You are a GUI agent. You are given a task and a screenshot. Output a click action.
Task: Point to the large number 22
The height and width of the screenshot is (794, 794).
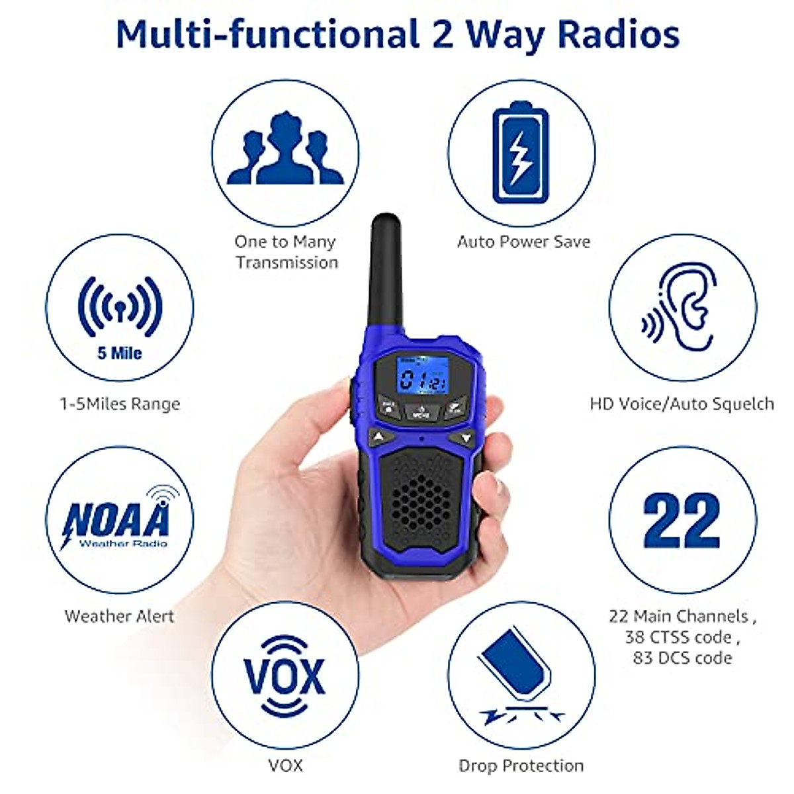pyautogui.click(x=682, y=521)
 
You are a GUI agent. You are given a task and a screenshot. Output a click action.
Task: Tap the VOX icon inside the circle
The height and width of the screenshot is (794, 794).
pyautogui.click(x=285, y=675)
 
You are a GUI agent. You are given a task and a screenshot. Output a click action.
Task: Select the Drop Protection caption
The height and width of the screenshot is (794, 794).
pyautogui.click(x=521, y=766)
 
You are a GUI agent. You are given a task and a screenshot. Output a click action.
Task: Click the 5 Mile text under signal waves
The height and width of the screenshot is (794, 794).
pyautogui.click(x=120, y=353)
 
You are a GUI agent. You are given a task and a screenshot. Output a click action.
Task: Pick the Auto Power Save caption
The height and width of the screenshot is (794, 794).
pyautogui.click(x=523, y=242)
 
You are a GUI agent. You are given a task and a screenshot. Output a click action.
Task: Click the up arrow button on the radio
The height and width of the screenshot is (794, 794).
pyautogui.click(x=377, y=437)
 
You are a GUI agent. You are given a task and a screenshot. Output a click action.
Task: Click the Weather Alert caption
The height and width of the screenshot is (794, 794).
pyautogui.click(x=120, y=616)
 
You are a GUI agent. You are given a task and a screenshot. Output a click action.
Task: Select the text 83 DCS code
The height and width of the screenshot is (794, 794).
pyautogui.click(x=682, y=658)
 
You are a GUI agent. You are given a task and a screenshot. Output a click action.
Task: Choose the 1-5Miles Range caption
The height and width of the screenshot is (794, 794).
pyautogui.click(x=120, y=404)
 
